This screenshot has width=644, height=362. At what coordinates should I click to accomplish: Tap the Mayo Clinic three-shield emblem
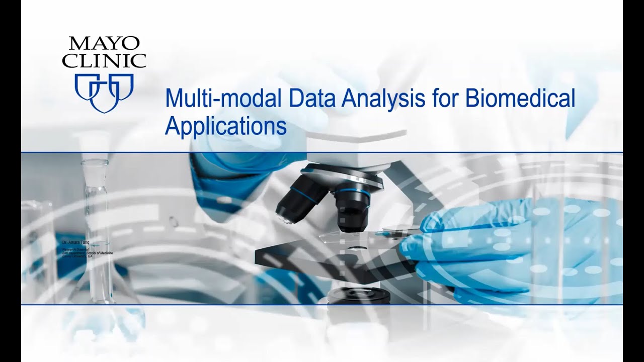click(x=104, y=92)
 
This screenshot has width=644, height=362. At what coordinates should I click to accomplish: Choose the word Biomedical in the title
click(x=520, y=98)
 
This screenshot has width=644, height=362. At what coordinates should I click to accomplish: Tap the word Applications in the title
click(x=226, y=126)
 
